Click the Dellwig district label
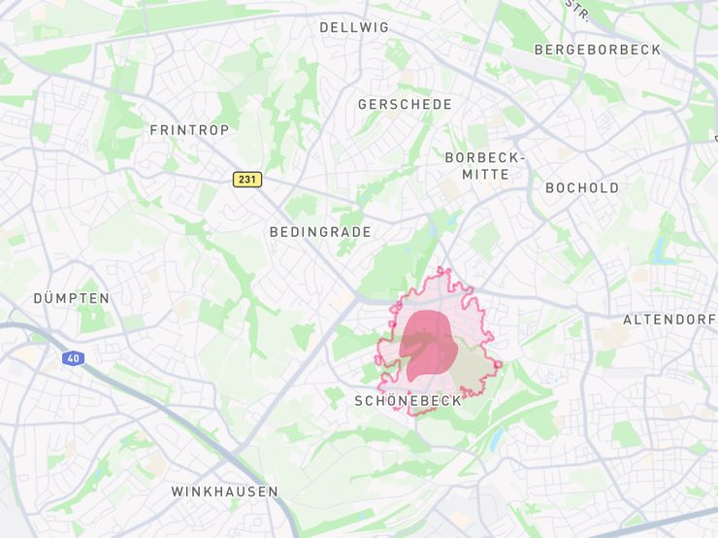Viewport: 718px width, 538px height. point(354,27)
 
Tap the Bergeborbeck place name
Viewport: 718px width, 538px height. point(597,50)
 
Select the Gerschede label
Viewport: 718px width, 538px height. point(405,104)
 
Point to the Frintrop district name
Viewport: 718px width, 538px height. point(189,129)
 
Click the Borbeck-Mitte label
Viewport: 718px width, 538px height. point(485,165)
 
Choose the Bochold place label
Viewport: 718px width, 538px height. point(582,187)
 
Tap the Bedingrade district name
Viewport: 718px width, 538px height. point(320,232)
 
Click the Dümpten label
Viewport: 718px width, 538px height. point(72,298)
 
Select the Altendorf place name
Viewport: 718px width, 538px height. point(669,319)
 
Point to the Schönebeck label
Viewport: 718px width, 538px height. point(408,400)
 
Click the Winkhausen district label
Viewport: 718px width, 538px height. point(225,491)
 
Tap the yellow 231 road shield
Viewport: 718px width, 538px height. point(247,180)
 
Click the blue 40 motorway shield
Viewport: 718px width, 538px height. point(73,358)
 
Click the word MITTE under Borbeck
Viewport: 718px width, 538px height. point(485,175)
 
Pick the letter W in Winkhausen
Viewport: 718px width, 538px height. point(178,491)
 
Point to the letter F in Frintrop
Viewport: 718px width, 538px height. point(153,129)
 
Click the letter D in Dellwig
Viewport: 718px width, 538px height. point(324,27)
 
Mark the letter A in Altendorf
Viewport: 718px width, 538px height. point(628,319)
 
